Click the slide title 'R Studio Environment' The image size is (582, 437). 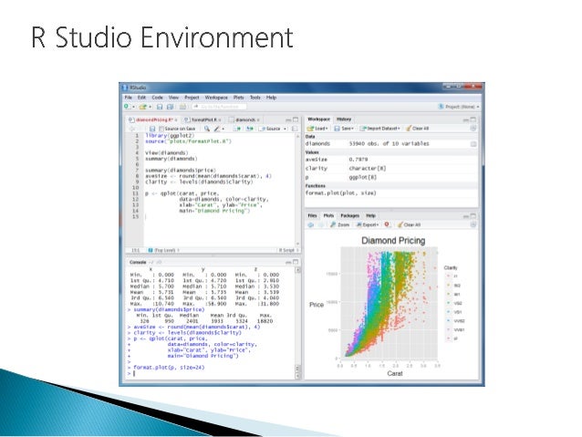coord(162,38)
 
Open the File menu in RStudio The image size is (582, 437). coord(129,97)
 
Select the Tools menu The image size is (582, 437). coord(255,97)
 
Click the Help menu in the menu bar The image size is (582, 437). coord(271,97)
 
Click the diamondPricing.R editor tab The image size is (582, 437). coord(150,120)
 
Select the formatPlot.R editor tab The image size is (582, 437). coord(201,120)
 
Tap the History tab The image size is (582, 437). coord(343,120)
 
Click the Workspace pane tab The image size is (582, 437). coord(318,120)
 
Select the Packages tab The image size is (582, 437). coord(349,215)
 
